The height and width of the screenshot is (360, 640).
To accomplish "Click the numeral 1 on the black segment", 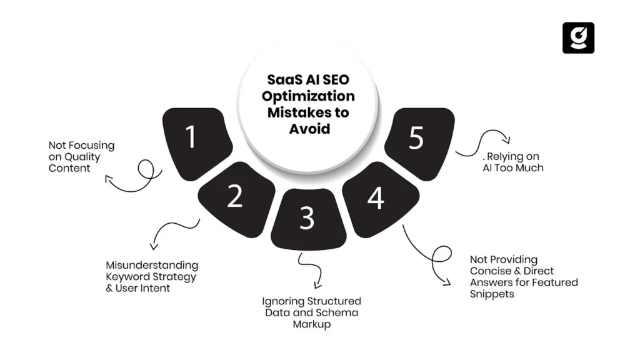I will [x=191, y=137].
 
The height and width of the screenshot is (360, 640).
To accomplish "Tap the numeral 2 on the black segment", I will [x=234, y=196].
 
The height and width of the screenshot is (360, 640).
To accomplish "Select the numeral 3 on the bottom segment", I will [x=306, y=217].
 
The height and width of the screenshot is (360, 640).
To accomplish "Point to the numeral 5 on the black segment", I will [x=416, y=139].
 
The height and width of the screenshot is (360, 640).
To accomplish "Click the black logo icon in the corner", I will [x=578, y=38].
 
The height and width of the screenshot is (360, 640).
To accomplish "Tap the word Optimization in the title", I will [x=308, y=97].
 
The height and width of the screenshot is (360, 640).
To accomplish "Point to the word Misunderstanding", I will [x=152, y=266].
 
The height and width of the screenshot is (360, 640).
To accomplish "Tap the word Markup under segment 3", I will [x=311, y=324].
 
